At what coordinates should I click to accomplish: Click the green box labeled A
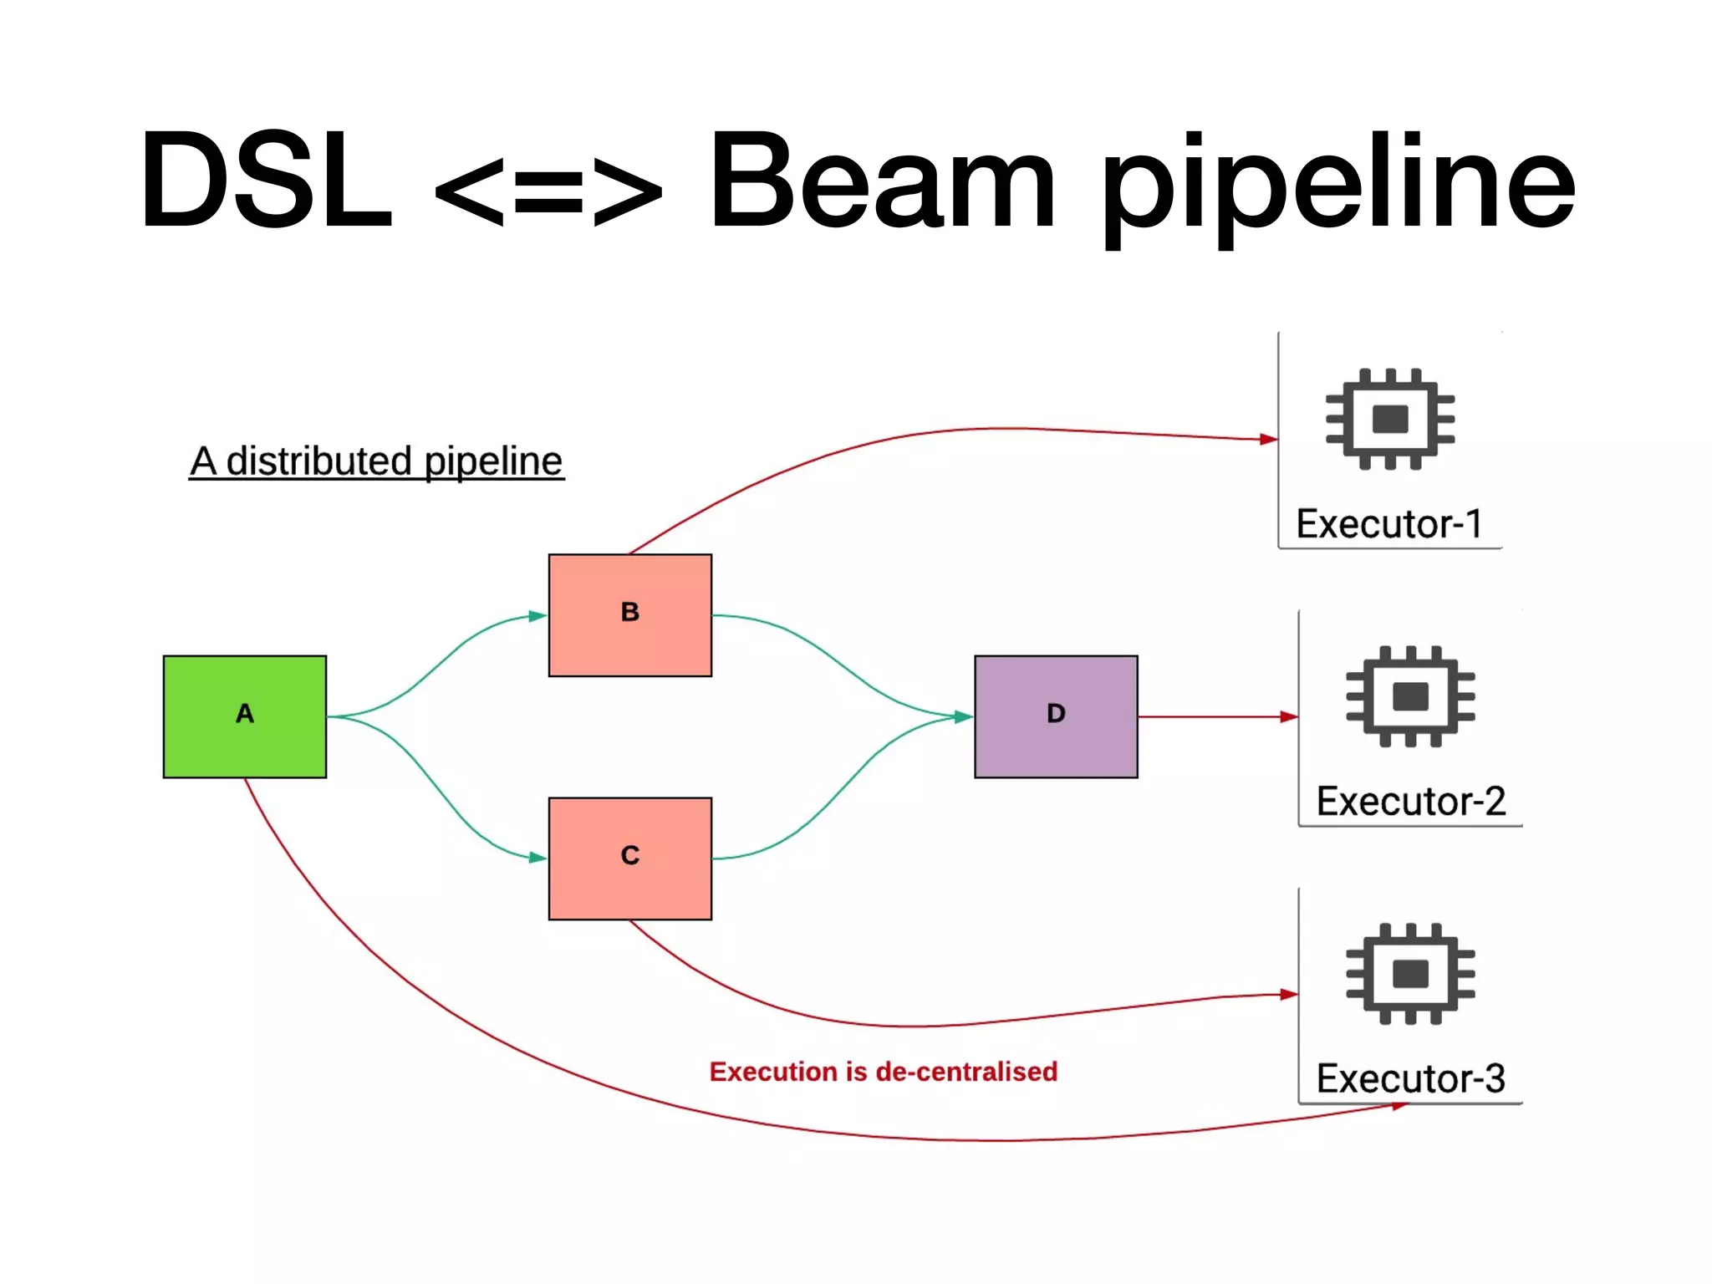[244, 716]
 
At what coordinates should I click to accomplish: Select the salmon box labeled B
[629, 614]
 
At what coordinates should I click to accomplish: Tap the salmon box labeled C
[629, 859]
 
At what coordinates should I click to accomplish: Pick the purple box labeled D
[1055, 716]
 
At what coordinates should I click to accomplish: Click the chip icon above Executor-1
[1389, 419]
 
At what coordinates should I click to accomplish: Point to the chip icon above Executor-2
[1410, 695]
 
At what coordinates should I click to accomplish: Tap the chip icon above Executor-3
[1410, 973]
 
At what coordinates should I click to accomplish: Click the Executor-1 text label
[1389, 524]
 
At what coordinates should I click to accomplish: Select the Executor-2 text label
[1410, 801]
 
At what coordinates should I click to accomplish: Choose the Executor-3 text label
[1410, 1078]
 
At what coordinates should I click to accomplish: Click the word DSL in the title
[266, 180]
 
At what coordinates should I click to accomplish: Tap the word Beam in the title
[882, 180]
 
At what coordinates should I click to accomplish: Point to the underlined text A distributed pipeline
[376, 461]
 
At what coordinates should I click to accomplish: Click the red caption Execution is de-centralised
[883, 1072]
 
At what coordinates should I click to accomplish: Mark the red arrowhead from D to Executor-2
[1289, 716]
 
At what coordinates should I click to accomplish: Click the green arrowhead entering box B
[538, 616]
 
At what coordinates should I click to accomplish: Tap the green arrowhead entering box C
[538, 857]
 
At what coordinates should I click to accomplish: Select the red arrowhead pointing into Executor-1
[1268, 439]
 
